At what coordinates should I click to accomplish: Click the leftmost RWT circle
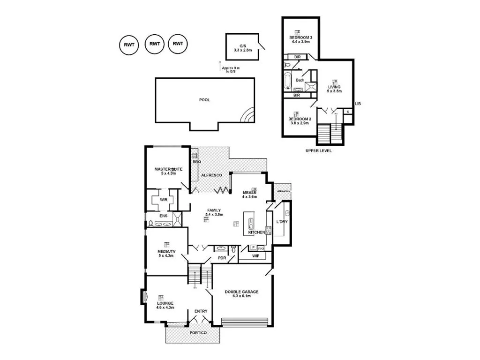tap(129, 45)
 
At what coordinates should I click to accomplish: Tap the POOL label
tap(204, 100)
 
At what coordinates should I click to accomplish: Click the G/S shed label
tap(242, 45)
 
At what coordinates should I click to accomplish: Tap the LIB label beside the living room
tap(358, 104)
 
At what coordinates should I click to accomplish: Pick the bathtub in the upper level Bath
tap(288, 81)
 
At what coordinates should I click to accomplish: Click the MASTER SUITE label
tap(168, 169)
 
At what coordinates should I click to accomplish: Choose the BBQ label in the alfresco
tap(196, 162)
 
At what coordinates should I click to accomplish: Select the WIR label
tap(164, 199)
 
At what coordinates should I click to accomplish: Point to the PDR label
tap(222, 258)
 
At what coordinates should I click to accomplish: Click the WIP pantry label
tap(255, 256)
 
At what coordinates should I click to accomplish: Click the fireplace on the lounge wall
tap(144, 297)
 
